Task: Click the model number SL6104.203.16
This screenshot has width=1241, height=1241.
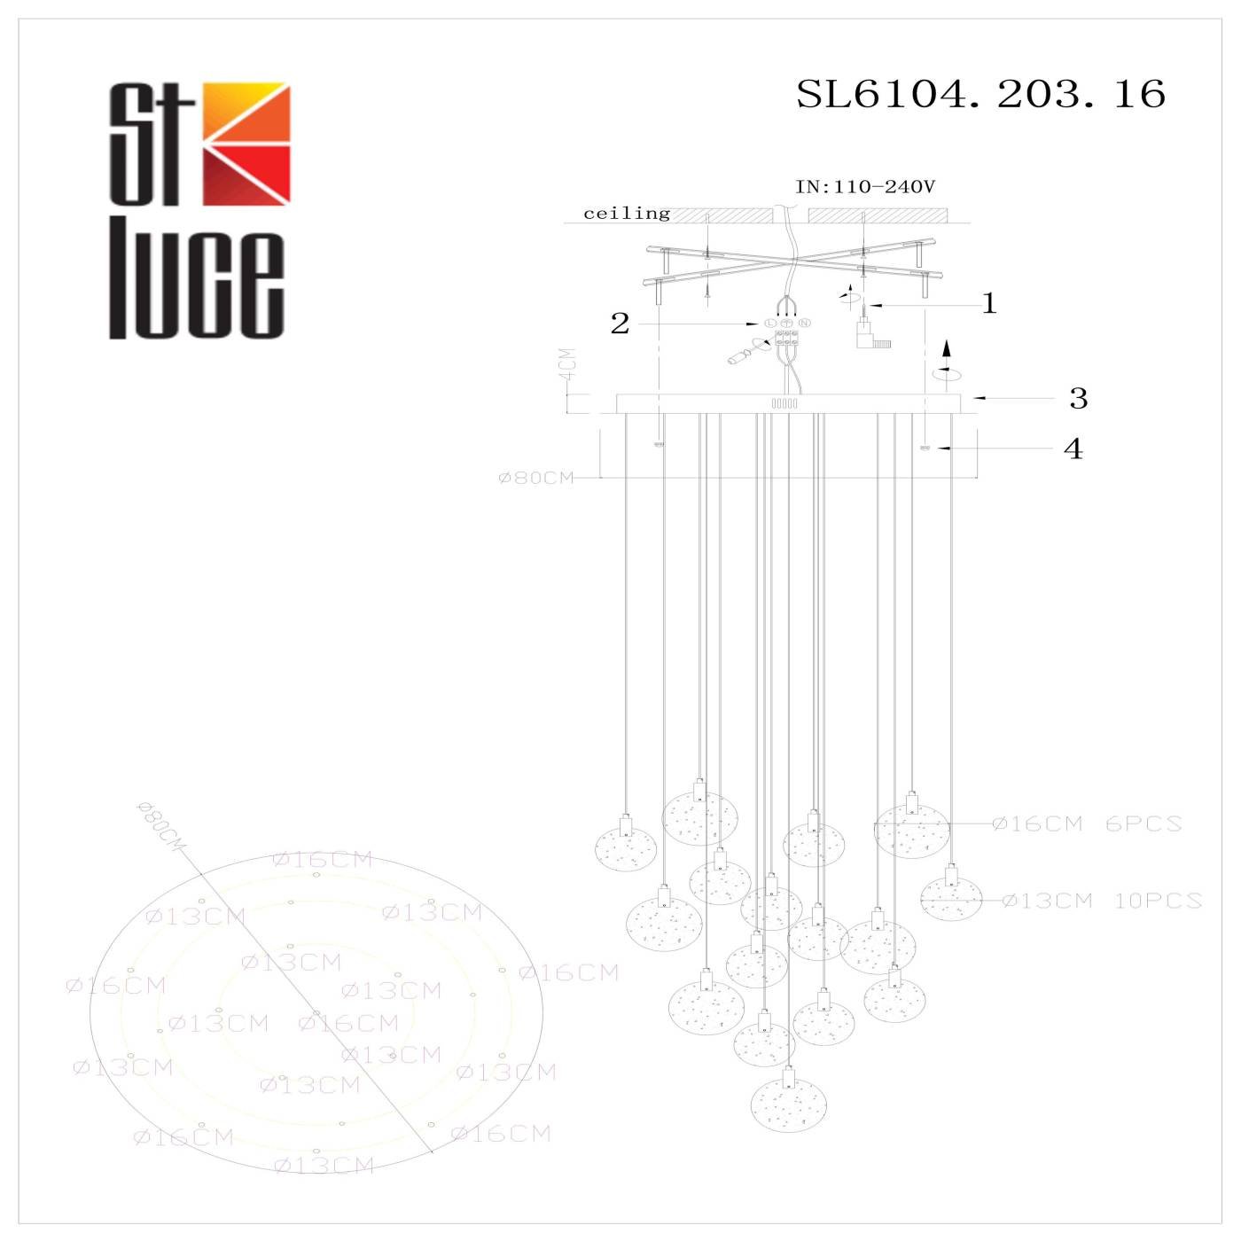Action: click(980, 94)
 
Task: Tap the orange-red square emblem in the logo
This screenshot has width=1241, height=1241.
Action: click(246, 144)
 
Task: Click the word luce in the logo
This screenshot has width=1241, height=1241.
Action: click(197, 286)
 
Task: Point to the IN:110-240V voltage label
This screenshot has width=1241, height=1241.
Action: click(865, 187)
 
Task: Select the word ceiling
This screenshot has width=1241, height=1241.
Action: click(627, 214)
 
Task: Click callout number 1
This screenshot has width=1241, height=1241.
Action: click(989, 304)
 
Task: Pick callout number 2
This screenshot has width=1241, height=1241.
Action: click(620, 324)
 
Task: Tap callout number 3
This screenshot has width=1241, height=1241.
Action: click(1078, 399)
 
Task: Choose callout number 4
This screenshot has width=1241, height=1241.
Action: click(1073, 449)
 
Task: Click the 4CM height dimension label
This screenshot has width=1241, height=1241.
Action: click(567, 364)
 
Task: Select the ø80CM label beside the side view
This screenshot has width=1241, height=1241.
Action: click(536, 478)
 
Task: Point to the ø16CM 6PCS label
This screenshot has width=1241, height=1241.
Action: click(1087, 823)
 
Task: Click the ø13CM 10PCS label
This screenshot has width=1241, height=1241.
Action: click(1102, 901)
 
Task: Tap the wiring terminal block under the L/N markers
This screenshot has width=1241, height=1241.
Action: click(786, 338)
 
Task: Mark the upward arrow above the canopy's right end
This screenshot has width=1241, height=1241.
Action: click(947, 347)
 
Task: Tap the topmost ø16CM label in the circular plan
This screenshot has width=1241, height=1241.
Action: click(323, 859)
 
